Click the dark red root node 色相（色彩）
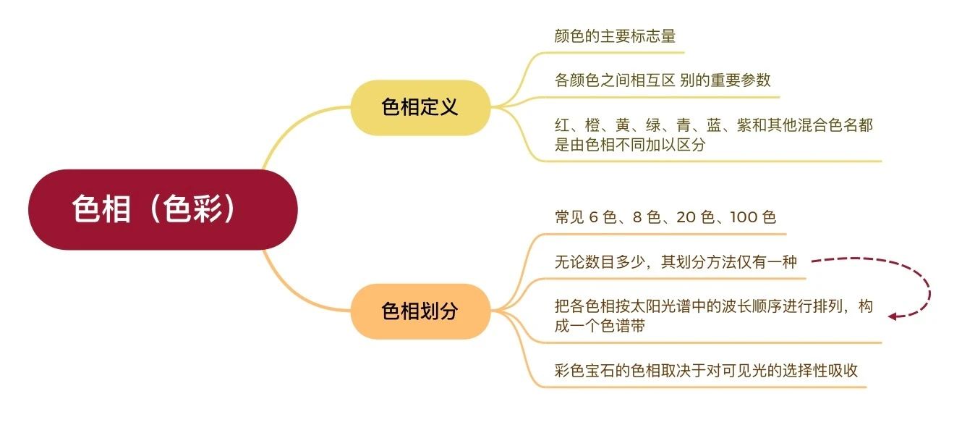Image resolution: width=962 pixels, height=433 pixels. [x=163, y=209]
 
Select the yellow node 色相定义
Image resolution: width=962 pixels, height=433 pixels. [x=420, y=107]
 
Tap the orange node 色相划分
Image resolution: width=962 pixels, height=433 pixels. [x=420, y=311]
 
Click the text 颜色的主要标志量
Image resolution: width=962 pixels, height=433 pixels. [x=615, y=36]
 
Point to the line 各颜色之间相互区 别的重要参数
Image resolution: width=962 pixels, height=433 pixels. [x=663, y=80]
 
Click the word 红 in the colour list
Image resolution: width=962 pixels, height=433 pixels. [x=562, y=125]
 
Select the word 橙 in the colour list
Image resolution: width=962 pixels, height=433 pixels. [x=592, y=125]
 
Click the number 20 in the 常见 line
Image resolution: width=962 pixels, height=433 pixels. [x=686, y=217]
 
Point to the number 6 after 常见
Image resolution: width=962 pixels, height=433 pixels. [x=594, y=217]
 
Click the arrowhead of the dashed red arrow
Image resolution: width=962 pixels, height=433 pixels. [x=893, y=317]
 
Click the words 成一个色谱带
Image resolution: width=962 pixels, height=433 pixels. [x=600, y=326]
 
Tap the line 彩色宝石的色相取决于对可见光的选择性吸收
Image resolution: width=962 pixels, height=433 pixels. [x=707, y=371]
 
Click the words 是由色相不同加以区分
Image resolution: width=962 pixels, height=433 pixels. [x=630, y=145]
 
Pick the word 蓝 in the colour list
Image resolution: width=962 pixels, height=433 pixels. [x=714, y=125]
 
